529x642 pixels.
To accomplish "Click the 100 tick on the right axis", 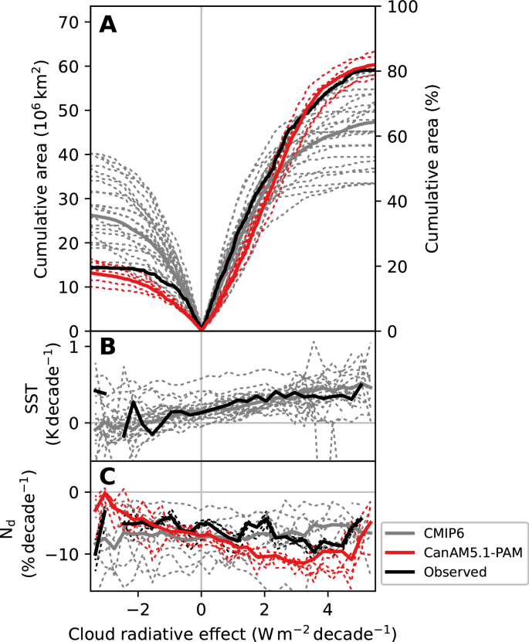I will tap(401, 6).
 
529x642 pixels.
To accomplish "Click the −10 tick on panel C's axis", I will tap(66, 555).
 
